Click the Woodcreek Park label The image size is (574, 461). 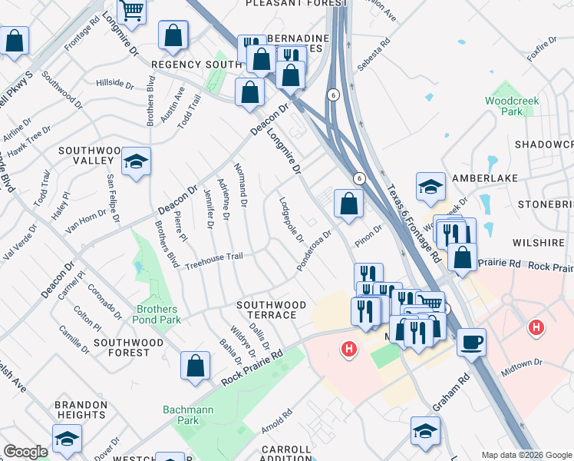[503, 106]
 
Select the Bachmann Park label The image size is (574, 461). [188, 415]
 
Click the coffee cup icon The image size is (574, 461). [471, 340]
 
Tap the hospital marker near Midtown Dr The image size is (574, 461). [536, 328]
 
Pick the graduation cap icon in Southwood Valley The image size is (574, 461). [136, 161]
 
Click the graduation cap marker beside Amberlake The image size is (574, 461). [431, 186]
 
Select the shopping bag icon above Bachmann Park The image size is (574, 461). [196, 365]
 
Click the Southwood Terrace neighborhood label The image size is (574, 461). [266, 310]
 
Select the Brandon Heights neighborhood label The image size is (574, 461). [81, 410]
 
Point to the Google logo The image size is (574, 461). [25, 452]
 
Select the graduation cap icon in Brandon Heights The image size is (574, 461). [67, 439]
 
